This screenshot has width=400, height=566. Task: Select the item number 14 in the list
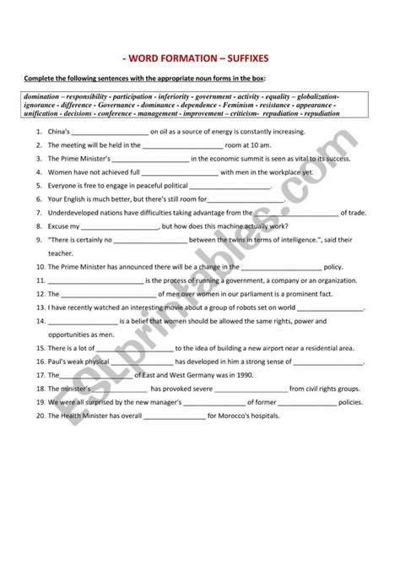point(40,321)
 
